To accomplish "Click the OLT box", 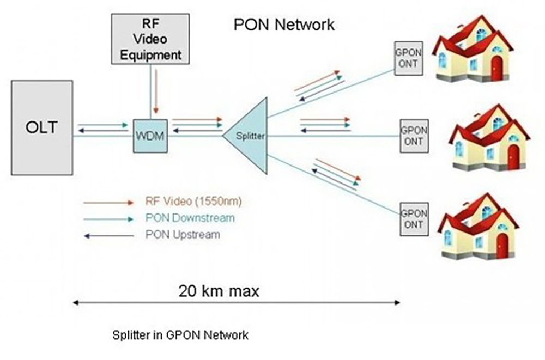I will click(41, 127).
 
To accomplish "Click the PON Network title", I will click(284, 25).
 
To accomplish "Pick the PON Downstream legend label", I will click(190, 218).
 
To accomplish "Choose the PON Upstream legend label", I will click(183, 235).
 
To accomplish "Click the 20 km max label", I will click(219, 291).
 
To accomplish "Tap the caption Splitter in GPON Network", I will click(180, 334).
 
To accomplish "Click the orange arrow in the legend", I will click(108, 202).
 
